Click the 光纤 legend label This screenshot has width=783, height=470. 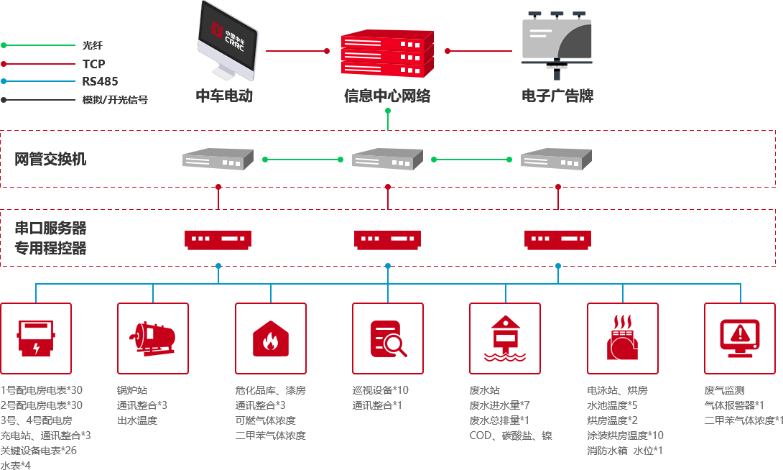tap(93, 45)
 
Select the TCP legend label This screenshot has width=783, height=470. tap(93, 64)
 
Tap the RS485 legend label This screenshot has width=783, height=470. tap(99, 81)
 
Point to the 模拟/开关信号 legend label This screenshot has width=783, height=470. tap(115, 100)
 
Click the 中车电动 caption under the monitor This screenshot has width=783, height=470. tap(225, 96)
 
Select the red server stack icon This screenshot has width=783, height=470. tap(386, 53)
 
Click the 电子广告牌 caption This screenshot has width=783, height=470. tap(557, 96)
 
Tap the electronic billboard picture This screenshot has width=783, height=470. tap(557, 45)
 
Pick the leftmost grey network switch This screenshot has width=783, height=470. tap(217, 159)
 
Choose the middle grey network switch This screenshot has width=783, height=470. tap(386, 159)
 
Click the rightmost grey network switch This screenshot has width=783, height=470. tap(556, 159)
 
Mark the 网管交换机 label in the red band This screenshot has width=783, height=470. tap(50, 160)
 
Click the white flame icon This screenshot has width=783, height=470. tap(270, 341)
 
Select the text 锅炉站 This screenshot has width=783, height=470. tap(132, 390)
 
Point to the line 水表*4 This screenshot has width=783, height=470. tap(16, 465)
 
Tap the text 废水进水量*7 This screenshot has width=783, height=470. tap(500, 405)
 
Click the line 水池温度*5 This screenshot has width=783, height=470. tap(612, 405)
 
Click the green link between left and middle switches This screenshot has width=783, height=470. tap(302, 159)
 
